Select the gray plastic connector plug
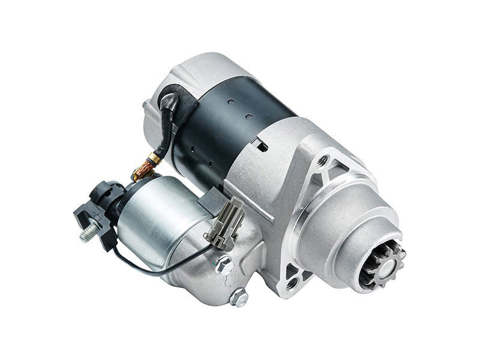(227, 220)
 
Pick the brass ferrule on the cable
(155, 158)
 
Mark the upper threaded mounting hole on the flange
(323, 160)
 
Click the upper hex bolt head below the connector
(224, 262)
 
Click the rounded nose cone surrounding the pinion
(354, 234)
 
